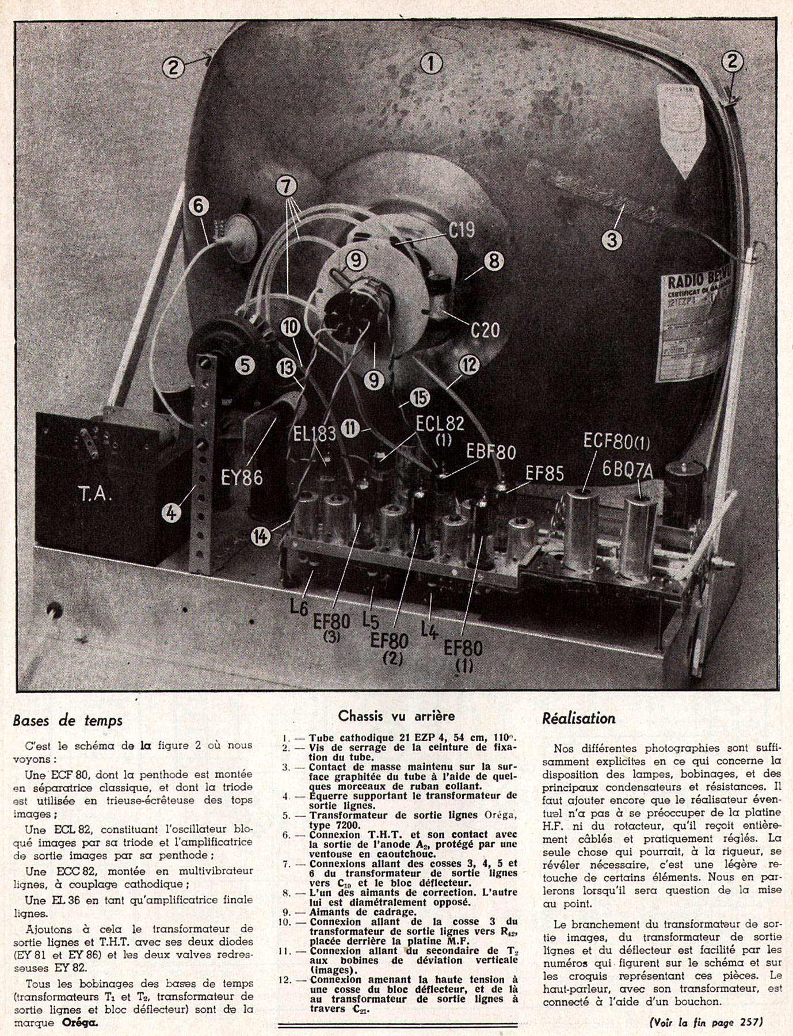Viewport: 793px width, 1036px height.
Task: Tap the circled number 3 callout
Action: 612,238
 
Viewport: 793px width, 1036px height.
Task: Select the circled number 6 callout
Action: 199,207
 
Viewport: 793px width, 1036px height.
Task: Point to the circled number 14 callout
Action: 261,536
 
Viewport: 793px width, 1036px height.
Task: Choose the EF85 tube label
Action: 544,473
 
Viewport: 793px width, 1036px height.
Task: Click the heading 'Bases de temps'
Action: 67,720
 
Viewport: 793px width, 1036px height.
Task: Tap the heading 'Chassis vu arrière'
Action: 396,716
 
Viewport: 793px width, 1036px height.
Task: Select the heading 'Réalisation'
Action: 578,718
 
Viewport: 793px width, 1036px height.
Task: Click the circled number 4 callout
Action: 171,512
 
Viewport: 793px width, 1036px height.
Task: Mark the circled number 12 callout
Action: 470,365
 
